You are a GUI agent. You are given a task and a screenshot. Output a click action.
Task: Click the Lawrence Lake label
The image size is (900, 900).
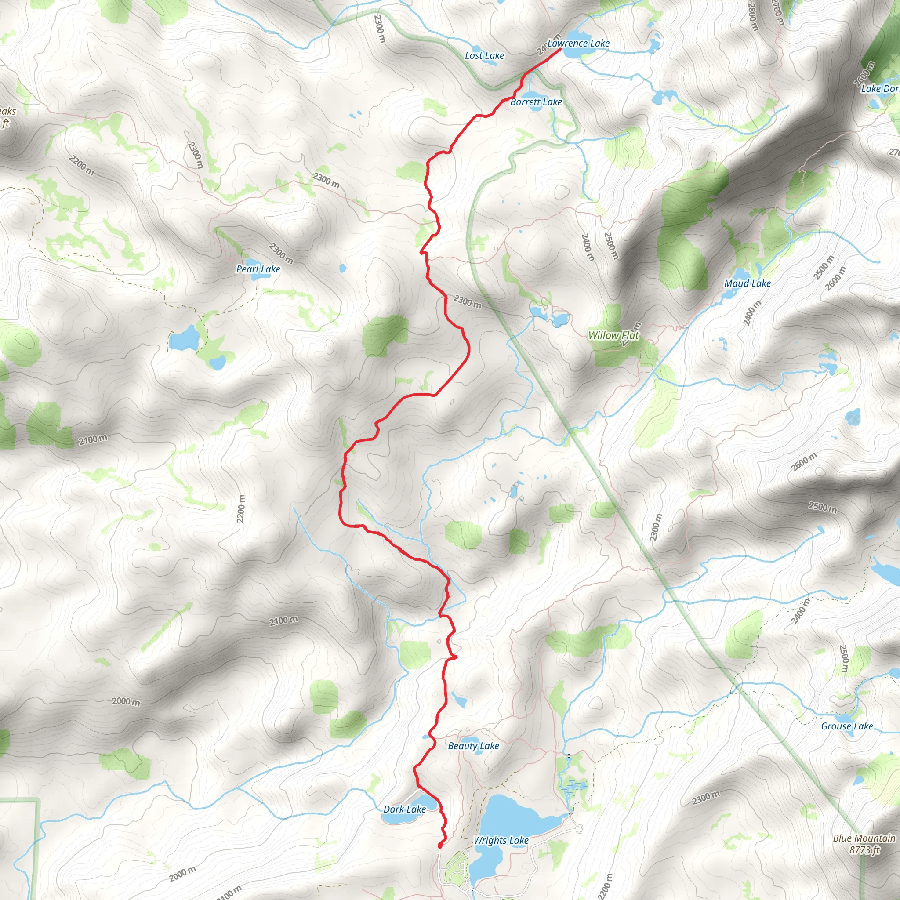pyautogui.click(x=578, y=44)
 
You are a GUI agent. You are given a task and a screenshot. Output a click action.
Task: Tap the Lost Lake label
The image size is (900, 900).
pyautogui.click(x=484, y=55)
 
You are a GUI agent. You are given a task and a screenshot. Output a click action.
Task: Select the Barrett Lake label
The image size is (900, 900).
pyautogui.click(x=536, y=102)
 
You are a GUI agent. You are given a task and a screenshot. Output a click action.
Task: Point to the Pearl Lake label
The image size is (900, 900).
pyautogui.click(x=258, y=269)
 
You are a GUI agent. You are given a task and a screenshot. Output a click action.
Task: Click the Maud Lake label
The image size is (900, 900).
pyautogui.click(x=747, y=283)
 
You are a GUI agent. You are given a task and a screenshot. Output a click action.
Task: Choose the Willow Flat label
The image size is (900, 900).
pyautogui.click(x=613, y=335)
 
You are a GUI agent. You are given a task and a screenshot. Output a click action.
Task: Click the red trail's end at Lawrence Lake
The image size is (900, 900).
pyautogui.click(x=559, y=48)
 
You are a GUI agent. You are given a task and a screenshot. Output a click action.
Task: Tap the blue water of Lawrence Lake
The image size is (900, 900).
pyautogui.click(x=577, y=51)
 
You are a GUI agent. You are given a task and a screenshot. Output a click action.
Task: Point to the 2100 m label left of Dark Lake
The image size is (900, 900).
pyautogui.click(x=284, y=621)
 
